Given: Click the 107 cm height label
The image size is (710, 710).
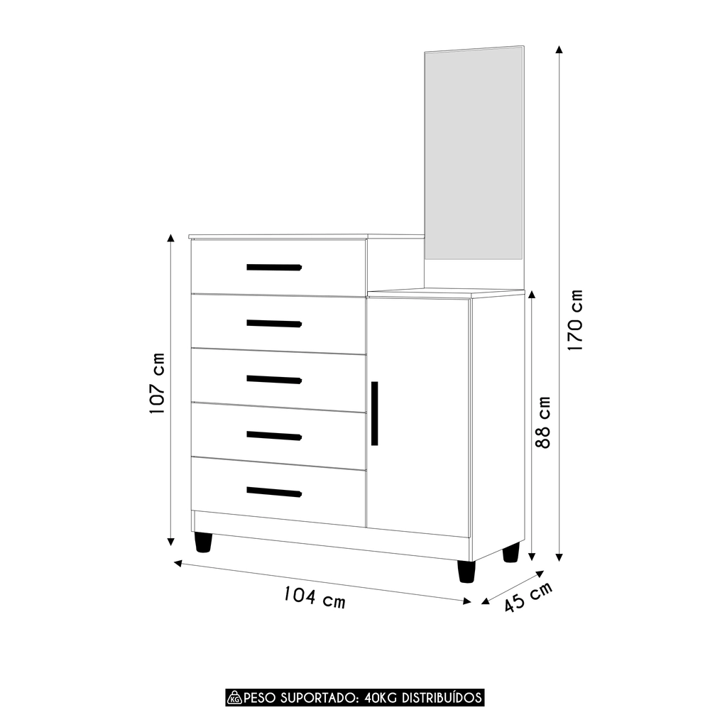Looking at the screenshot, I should click(158, 383).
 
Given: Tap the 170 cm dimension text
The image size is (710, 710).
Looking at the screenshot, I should click(575, 321).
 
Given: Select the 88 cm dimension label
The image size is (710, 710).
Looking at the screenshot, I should click(542, 422).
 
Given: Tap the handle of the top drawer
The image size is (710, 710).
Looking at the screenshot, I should click(274, 268).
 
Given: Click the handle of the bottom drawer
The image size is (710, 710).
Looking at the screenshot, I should click(274, 492).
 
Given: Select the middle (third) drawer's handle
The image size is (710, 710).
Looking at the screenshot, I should click(274, 379).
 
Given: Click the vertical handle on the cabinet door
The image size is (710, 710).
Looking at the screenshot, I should click(374, 413).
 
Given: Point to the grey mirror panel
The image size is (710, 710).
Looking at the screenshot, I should click(474, 156).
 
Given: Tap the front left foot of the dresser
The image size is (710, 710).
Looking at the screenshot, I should click(203, 542).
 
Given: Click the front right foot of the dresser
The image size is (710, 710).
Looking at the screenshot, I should click(466, 571).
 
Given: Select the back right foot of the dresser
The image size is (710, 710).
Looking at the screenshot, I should click(510, 552).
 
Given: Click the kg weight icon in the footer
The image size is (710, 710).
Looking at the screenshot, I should click(234, 697).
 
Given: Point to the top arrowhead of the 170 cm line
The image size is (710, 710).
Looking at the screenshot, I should click(559, 50).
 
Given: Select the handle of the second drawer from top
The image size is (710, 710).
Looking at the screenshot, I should click(274, 324).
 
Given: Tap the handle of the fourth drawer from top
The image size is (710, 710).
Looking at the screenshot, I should click(274, 436).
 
